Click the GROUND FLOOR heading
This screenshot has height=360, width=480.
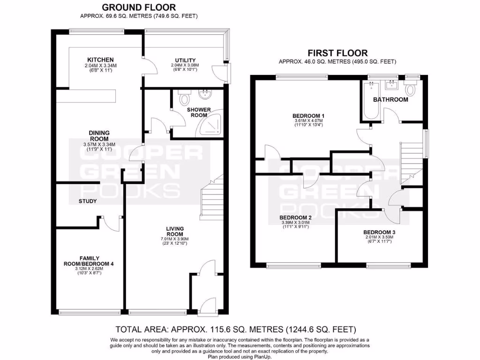tap(139, 7)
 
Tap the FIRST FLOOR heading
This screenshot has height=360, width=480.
tap(337, 53)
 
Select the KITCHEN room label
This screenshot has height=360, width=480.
tap(98, 60)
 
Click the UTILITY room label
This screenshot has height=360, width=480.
tap(185, 60)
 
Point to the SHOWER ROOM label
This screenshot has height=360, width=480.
tap(199, 112)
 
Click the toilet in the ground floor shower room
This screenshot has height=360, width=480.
tap(185, 98)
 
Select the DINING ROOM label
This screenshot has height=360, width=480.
tap(99, 135)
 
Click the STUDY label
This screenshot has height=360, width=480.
tap(88, 202)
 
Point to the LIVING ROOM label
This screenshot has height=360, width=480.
tap(175, 232)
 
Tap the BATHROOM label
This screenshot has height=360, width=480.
tap(390, 99)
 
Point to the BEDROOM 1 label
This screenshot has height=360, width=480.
tap(308, 115)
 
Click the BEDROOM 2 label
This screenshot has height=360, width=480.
tap(296, 217)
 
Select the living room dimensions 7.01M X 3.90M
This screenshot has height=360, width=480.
tap(175, 239)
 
